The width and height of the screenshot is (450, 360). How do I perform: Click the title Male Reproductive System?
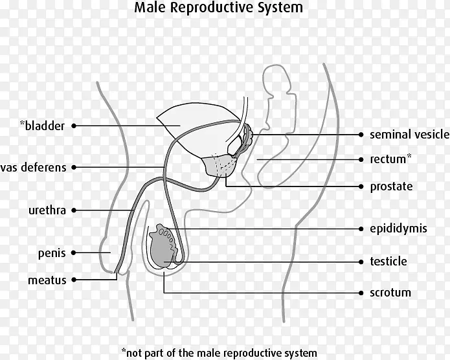tap(218, 9)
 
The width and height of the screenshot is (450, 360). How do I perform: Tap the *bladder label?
tap(41, 126)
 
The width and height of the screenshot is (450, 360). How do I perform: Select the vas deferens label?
tap(34, 167)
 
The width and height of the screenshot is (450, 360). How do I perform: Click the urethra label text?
tap(47, 210)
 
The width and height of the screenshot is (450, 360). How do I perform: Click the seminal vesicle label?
tap(409, 135)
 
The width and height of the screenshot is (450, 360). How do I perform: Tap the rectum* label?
tap(390, 159)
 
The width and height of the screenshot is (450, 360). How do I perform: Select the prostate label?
tap(390, 186)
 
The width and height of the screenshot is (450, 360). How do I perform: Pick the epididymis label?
tap(397, 229)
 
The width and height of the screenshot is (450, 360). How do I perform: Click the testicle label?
tap(388, 262)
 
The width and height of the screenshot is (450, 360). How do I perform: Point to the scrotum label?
tap(390, 293)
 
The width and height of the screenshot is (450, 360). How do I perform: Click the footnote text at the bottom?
tap(223, 353)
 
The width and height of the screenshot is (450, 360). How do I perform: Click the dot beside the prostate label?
tap(361, 186)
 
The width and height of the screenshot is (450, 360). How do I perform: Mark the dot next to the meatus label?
tap(74, 280)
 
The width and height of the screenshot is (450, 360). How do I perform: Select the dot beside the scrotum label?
tap(361, 293)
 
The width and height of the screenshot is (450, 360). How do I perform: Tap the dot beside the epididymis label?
tap(361, 229)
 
